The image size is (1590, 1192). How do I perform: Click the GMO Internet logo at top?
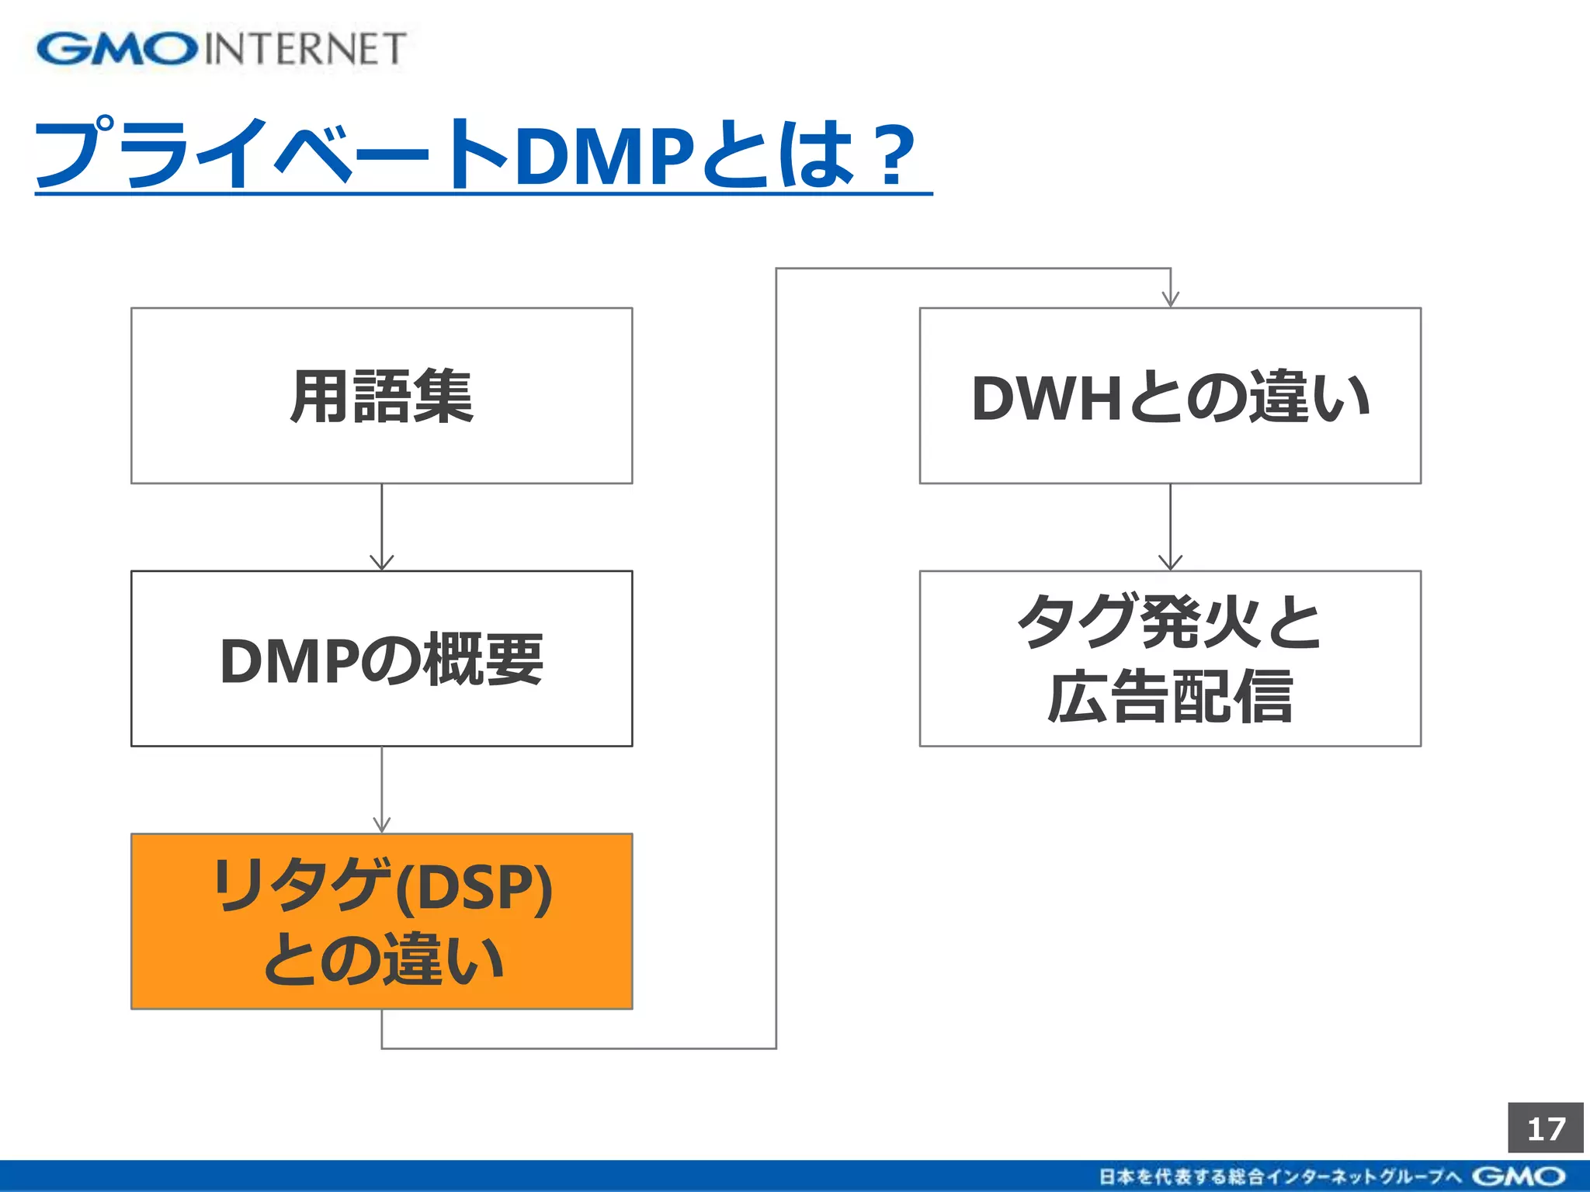click(x=220, y=49)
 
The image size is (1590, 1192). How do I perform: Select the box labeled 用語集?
click(x=381, y=396)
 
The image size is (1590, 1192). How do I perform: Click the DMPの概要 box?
click(x=381, y=659)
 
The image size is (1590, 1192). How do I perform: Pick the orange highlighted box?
click(x=381, y=921)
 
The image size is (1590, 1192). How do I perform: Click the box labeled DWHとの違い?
click(x=1170, y=396)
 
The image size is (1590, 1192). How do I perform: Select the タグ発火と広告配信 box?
click(x=1170, y=659)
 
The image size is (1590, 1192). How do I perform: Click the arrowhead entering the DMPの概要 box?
click(x=381, y=563)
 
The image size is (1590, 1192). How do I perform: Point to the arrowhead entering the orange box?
click(x=381, y=825)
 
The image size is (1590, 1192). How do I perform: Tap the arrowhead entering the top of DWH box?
click(x=1170, y=300)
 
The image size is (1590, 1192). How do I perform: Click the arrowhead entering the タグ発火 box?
click(x=1170, y=563)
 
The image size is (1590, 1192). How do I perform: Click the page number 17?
click(x=1545, y=1128)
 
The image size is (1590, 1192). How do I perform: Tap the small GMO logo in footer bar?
click(x=1518, y=1176)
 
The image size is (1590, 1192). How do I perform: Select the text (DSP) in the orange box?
click(x=474, y=887)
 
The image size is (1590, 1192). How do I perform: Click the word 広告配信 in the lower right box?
click(x=1170, y=697)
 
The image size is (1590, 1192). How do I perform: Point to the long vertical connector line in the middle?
click(x=776, y=660)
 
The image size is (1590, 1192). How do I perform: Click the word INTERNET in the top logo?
click(x=305, y=49)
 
